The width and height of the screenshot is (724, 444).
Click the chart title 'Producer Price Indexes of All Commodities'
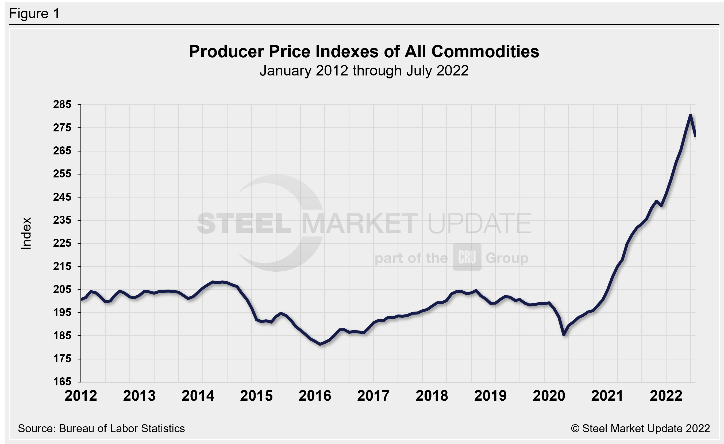tap(364, 52)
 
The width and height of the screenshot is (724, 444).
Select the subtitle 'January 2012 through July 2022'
tap(364, 71)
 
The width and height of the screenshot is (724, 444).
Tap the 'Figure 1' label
tap(34, 14)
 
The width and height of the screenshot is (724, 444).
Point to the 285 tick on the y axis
tap(62, 104)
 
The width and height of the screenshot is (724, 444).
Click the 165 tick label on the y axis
tap(62, 382)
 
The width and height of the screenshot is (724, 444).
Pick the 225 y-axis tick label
tap(62, 243)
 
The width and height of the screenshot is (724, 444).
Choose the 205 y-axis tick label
tap(62, 289)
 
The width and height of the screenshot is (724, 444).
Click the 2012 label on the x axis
tap(81, 396)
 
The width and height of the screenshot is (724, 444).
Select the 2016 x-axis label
tap(315, 396)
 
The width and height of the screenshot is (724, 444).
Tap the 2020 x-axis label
tap(549, 396)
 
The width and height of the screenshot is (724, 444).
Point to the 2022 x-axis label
tap(666, 396)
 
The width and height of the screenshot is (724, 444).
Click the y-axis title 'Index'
tap(26, 233)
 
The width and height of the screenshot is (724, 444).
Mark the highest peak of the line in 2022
tap(690, 115)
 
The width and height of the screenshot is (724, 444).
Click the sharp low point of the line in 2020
tap(564, 335)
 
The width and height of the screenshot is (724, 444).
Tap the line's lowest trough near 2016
tap(320, 344)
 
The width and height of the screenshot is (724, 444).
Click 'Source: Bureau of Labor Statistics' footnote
tap(101, 428)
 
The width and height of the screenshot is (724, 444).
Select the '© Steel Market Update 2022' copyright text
tap(640, 428)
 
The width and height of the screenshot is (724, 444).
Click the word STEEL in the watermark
tap(244, 223)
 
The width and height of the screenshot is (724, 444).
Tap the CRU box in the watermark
tap(467, 257)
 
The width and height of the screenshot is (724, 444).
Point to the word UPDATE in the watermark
tap(479, 223)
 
